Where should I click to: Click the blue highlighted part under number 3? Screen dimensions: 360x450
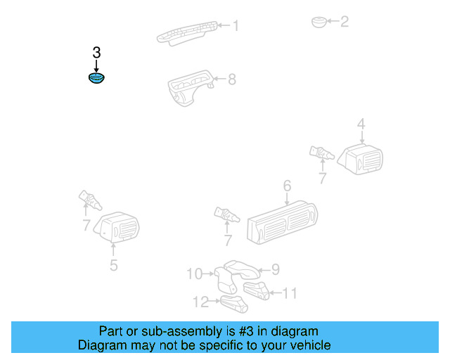point(96,78)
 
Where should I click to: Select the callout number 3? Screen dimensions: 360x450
point(96,53)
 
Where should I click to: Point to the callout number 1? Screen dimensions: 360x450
point(236,26)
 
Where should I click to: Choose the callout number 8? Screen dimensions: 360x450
point(231,79)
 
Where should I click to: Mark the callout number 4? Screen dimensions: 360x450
point(361,124)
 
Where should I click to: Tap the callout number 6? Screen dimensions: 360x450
point(287,186)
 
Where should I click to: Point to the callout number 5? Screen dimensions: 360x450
point(113,265)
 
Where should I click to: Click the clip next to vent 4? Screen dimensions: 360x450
point(320,152)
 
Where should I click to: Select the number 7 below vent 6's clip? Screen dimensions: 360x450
point(228,240)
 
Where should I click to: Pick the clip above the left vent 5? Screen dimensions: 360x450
point(89,200)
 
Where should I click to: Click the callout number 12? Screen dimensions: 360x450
point(201,302)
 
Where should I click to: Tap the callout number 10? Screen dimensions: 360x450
point(193,274)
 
